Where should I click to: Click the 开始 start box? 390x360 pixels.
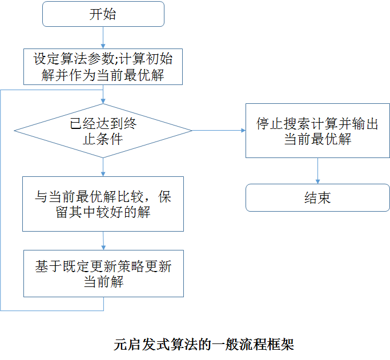tap(103, 14)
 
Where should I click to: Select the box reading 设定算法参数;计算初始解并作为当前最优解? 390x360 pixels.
tap(103, 67)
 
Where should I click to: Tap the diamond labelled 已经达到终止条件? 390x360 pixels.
tap(103, 131)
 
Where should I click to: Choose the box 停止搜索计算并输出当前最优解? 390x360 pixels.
tap(317, 131)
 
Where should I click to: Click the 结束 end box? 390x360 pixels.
tap(317, 198)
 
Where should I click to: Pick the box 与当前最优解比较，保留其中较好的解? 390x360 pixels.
tap(103, 204)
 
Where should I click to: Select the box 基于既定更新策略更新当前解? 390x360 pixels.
tap(103, 274)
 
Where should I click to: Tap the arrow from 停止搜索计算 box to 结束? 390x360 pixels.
tap(317, 171)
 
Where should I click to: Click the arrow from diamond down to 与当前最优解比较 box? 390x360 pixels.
tap(103, 167)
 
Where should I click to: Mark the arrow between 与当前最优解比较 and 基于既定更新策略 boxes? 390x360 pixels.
tap(103, 241)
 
